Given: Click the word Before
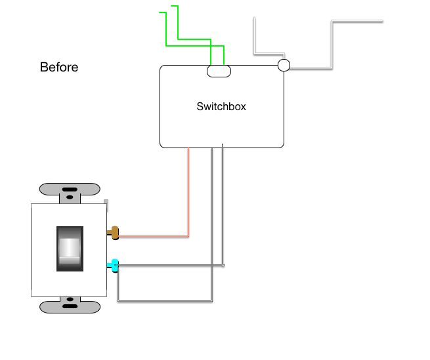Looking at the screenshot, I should (59, 67).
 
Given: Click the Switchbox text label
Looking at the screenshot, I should (221, 106).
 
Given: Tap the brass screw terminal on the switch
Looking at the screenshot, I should (114, 231).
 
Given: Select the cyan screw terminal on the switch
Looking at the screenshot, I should (114, 266).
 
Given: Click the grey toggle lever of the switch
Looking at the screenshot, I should (70, 248).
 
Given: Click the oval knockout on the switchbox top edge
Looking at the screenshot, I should (219, 71).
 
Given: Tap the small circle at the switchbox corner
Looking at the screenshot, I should (284, 65).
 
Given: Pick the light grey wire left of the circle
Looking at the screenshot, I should (255, 39).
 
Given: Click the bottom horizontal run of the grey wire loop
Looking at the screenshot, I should (164, 301).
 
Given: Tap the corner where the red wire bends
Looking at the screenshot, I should (188, 235).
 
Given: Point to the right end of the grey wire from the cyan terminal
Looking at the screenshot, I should (223, 266).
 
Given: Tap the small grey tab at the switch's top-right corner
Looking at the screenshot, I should (106, 202).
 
